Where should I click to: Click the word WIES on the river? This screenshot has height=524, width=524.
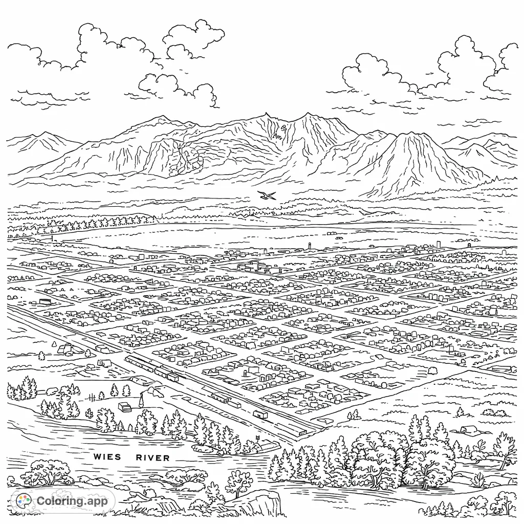(107, 456)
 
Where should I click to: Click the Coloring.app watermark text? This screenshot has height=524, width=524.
(72, 501)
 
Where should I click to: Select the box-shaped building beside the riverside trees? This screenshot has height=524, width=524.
(124, 406)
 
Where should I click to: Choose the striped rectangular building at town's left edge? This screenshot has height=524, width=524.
(45, 302)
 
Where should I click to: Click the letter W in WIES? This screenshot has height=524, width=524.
(98, 456)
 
